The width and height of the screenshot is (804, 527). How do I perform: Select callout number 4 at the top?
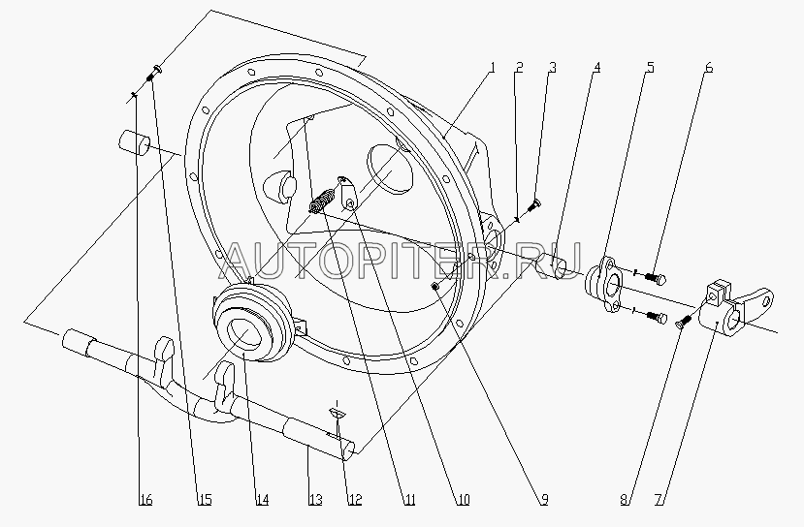tap(596, 68)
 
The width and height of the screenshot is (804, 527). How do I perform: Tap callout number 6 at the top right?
tap(709, 68)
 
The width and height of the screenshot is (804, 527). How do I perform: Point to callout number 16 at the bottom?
tap(145, 500)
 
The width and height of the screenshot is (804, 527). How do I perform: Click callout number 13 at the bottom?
tap(315, 500)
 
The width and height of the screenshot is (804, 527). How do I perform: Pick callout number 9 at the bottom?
tap(544, 500)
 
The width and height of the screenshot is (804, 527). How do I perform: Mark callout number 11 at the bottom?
tap(408, 500)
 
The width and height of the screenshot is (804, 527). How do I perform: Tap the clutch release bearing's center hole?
tap(243, 333)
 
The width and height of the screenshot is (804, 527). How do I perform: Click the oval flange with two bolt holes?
tap(605, 285)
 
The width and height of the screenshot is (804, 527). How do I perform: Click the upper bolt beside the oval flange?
tap(656, 278)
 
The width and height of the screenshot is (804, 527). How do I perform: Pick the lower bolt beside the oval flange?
tap(656, 317)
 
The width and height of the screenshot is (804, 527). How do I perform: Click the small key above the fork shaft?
tap(338, 413)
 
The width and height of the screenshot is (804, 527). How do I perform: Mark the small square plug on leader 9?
tap(435, 286)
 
